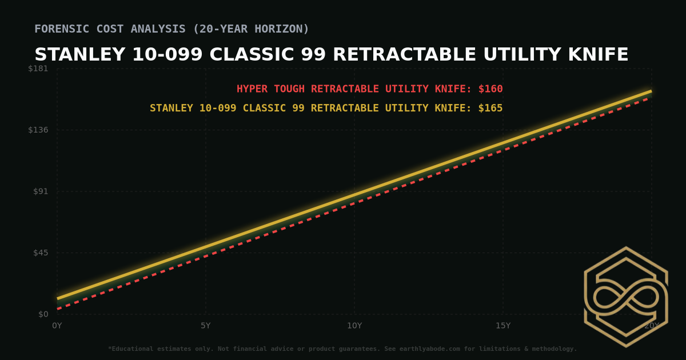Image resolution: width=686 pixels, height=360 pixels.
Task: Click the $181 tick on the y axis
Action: tap(38, 69)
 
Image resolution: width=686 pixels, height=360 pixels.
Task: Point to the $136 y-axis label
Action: tap(38, 130)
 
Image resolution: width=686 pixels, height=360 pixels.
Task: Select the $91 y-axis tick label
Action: tap(41, 191)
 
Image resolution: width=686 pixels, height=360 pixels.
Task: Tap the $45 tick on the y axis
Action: tap(41, 253)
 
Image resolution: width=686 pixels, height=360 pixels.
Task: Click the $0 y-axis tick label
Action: tap(43, 314)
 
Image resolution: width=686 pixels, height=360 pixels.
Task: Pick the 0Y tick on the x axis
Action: tap(57, 326)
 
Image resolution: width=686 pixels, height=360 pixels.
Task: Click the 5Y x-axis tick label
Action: tap(206, 326)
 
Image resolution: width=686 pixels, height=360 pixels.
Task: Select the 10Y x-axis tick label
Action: tap(354, 326)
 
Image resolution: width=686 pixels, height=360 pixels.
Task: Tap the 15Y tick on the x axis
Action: tap(503, 326)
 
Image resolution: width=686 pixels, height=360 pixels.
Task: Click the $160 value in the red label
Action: tap(490, 89)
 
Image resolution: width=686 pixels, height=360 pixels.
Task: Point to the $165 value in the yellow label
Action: tap(490, 109)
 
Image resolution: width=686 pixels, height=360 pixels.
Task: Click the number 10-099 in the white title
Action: tap(167, 55)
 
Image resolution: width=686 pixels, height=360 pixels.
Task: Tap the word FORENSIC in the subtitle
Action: tap(61, 29)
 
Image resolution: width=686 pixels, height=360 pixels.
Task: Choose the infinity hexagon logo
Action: tap(626, 297)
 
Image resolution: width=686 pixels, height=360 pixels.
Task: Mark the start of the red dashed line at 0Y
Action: tap(58, 309)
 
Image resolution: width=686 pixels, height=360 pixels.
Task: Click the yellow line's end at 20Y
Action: tap(651, 91)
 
